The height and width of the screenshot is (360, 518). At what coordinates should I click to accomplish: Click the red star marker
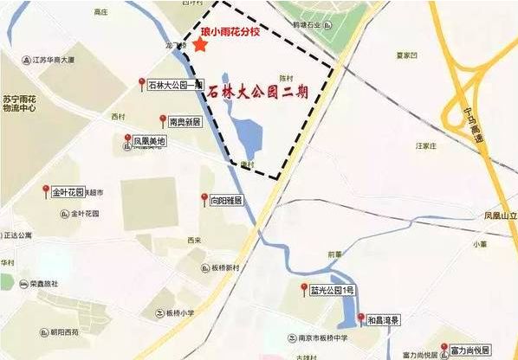(x=200, y=45)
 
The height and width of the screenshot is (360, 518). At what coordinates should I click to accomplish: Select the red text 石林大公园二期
(x=269, y=93)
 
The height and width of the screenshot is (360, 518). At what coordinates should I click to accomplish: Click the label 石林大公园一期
(x=174, y=84)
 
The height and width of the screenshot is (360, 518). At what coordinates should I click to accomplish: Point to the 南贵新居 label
(x=185, y=121)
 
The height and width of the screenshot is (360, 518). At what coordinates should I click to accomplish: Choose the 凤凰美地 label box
(x=149, y=140)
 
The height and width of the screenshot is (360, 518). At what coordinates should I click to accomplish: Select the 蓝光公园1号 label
(x=331, y=289)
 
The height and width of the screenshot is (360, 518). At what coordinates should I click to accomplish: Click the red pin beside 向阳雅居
(x=204, y=198)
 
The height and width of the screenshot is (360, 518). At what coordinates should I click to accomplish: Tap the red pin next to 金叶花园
(x=46, y=190)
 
